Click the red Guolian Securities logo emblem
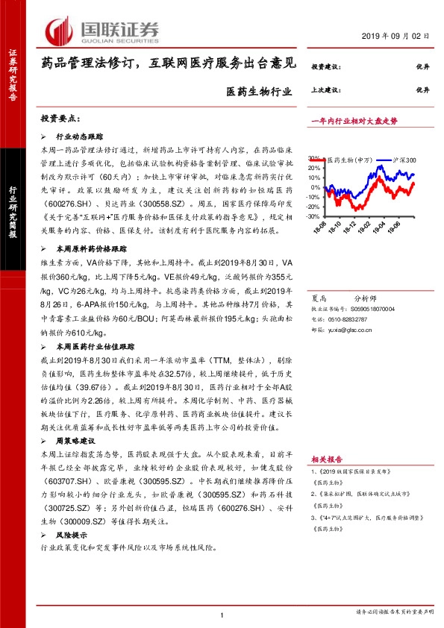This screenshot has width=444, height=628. pos(60,31)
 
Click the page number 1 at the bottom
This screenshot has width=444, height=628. pos(222,614)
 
